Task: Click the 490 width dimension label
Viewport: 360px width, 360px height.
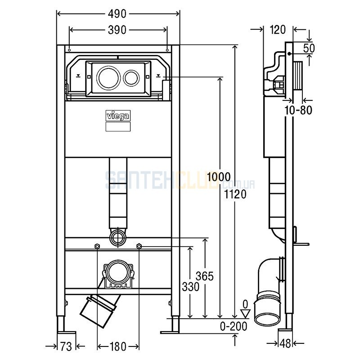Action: [117, 14]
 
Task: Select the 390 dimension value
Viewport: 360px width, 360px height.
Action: [117, 30]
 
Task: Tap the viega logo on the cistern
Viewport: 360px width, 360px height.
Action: [118, 116]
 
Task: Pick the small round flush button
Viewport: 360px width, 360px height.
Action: [131, 77]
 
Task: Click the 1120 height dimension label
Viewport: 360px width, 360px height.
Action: [235, 194]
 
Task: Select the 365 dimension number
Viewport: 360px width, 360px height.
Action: [205, 276]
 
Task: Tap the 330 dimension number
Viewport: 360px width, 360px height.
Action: [190, 287]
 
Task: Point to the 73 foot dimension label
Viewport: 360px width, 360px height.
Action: [66, 346]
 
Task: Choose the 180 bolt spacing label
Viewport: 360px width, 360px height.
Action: [118, 346]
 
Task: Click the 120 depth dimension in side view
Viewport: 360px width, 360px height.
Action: [278, 30]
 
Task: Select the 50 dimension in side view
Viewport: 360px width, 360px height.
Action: [309, 49]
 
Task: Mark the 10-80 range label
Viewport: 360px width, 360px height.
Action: [298, 110]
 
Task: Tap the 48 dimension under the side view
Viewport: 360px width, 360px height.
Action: [285, 343]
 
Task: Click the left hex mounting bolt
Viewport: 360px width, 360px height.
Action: [97, 246]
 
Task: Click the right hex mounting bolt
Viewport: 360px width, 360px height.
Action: [139, 246]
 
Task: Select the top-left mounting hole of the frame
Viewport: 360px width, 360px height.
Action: [69, 50]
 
